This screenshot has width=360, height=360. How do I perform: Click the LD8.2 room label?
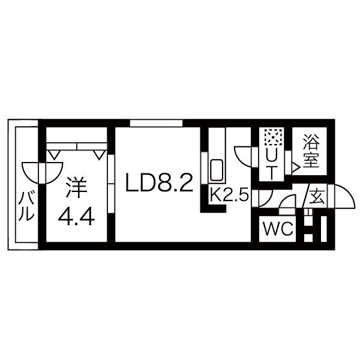point(159,182)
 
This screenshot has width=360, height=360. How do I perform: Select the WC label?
point(278,229)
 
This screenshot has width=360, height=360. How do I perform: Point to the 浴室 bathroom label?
point(311,151)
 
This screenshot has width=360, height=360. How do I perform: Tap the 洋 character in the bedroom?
point(76,187)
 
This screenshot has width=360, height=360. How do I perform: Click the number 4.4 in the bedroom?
point(76,217)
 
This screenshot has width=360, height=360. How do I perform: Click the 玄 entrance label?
point(317,197)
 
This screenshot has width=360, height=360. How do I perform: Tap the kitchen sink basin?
point(217,170)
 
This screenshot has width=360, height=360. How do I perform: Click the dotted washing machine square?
point(273,137)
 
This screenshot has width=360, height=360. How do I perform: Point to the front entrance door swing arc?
point(344,196)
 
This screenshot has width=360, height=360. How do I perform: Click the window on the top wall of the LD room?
point(157,123)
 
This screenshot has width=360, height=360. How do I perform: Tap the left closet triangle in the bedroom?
point(55,155)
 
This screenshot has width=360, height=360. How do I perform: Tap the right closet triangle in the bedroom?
point(100,155)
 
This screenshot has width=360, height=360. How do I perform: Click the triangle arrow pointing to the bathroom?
point(295,167)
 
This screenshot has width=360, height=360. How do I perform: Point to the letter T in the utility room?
point(272,173)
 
